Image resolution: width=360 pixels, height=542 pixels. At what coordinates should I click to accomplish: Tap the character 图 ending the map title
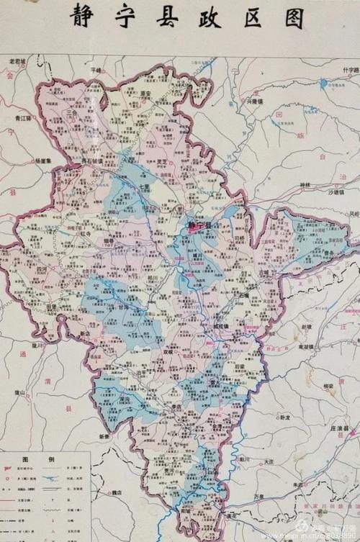[291, 18]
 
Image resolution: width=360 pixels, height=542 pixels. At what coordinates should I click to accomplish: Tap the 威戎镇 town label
[222, 327]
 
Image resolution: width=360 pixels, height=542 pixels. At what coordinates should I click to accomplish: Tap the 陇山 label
[19, 392]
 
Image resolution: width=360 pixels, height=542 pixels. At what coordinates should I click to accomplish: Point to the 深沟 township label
[123, 398]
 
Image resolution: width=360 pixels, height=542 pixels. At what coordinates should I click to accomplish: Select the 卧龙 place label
[284, 417]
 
